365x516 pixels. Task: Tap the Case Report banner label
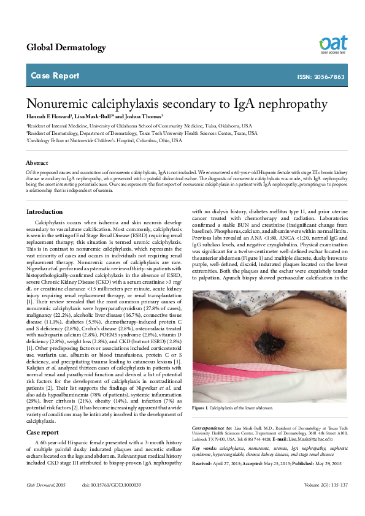coord(55,76)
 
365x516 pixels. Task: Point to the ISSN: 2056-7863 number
coord(320,77)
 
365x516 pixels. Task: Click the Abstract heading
coord(37,163)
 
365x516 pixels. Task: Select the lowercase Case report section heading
coord(42,432)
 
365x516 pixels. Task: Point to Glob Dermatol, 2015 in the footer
coord(45,502)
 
